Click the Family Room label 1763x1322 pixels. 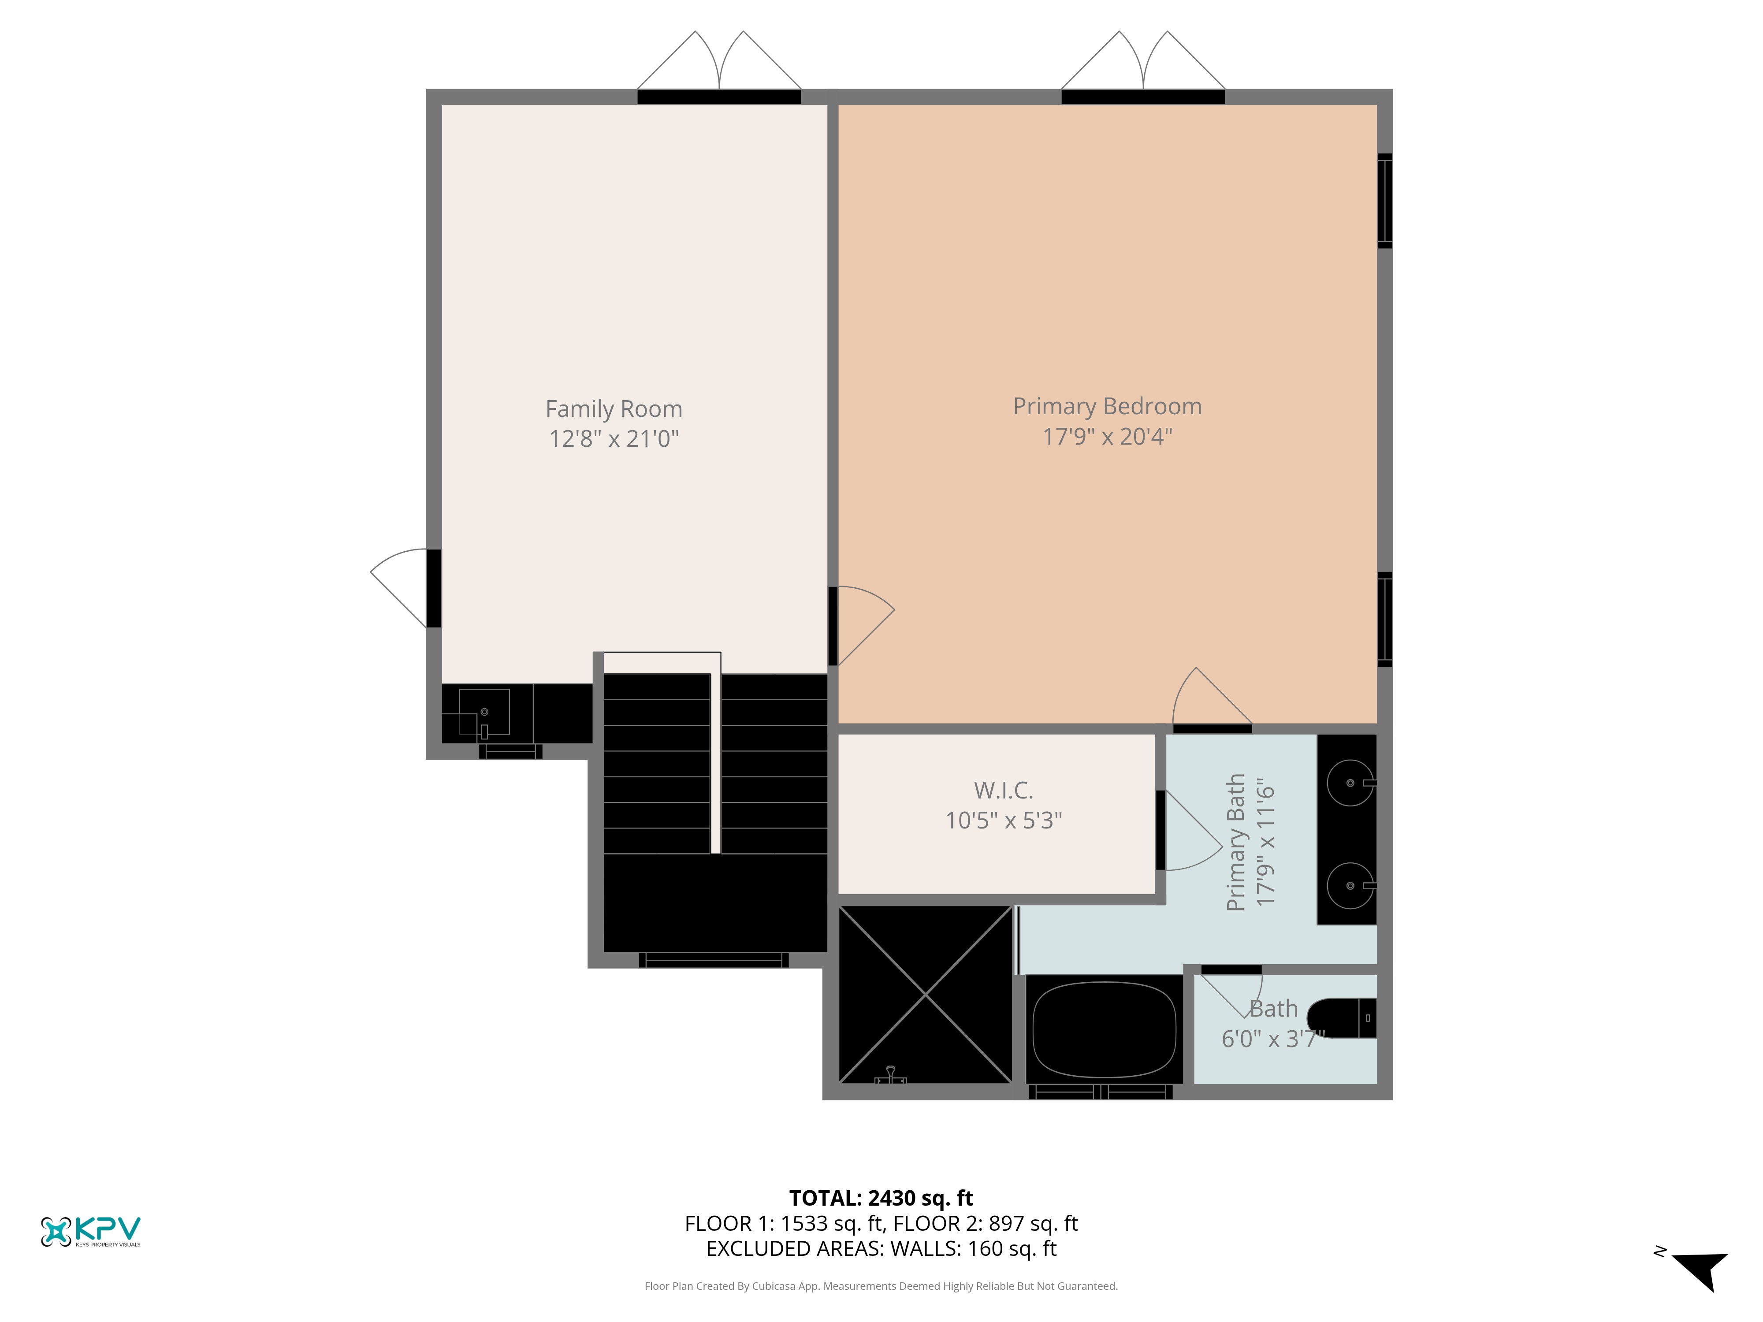614,409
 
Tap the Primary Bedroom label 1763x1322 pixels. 1107,406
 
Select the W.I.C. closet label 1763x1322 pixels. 1004,791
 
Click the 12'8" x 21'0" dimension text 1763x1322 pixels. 614,438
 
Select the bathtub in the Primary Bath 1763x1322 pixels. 1104,1029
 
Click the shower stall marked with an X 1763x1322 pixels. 925,995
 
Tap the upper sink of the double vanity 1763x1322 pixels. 1350,783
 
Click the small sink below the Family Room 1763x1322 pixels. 484,712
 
